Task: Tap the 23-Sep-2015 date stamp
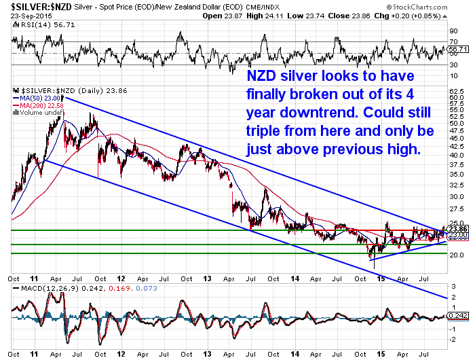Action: [25, 14]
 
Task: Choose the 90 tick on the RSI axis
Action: [453, 31]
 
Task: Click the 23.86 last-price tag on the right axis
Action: [457, 229]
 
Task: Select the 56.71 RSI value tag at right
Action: [458, 50]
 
